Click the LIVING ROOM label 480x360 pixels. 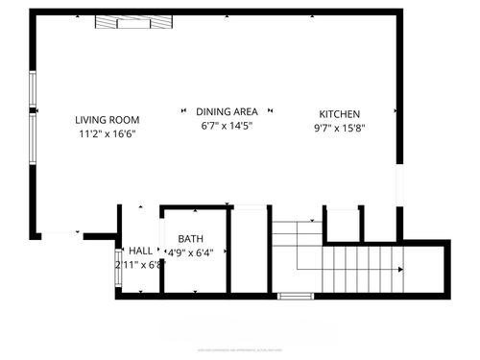pos(108,120)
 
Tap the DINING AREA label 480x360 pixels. pos(227,111)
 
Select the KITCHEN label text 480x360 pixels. pos(340,112)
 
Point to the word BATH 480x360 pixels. pos(190,238)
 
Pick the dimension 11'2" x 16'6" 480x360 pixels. pos(108,134)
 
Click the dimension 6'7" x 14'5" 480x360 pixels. pos(227,126)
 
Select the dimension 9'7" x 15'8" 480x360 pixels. pos(340,127)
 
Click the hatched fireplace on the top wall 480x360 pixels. pos(134,21)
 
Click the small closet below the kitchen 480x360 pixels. pos(343,224)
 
